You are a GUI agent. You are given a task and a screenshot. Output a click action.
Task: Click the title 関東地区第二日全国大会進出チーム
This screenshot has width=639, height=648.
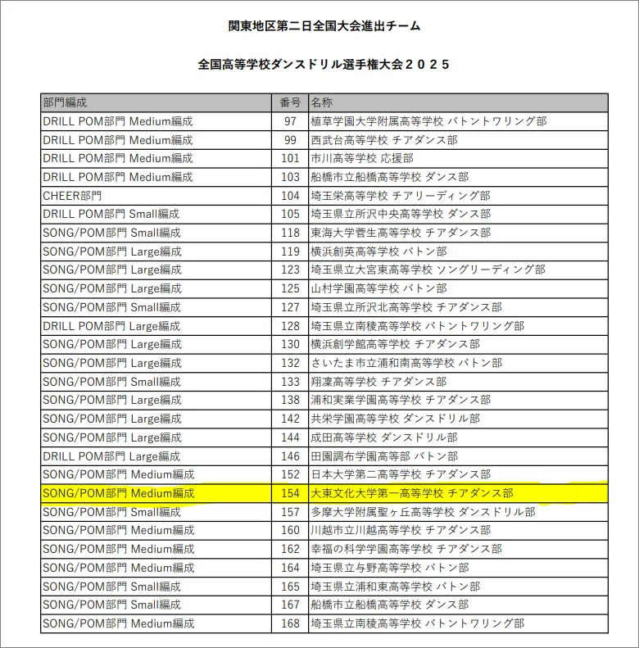click(x=324, y=26)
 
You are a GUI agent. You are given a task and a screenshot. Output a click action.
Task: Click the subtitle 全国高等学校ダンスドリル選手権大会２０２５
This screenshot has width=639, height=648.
click(x=324, y=64)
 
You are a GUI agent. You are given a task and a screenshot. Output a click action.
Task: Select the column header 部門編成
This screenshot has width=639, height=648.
click(x=65, y=102)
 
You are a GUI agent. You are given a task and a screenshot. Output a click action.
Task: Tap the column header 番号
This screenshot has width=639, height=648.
click(x=290, y=102)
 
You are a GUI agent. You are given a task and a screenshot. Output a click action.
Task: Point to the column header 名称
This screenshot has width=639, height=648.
click(x=322, y=102)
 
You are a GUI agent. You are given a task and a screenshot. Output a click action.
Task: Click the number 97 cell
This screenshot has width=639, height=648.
click(x=290, y=121)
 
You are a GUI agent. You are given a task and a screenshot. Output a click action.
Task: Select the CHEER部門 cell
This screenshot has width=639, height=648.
click(x=73, y=196)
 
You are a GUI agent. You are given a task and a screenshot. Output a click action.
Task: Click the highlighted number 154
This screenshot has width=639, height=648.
click(x=290, y=493)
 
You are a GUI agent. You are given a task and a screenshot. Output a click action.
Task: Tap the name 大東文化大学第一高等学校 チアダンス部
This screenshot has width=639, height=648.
click(x=412, y=493)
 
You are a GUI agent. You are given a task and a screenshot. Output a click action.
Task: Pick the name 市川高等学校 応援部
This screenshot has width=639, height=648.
click(x=362, y=158)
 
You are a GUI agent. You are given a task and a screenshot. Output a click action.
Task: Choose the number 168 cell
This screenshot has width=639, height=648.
click(x=290, y=623)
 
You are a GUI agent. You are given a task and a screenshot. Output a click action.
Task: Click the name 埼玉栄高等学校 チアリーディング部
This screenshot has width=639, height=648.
click(x=401, y=196)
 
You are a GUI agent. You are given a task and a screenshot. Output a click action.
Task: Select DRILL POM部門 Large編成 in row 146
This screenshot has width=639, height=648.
click(x=111, y=456)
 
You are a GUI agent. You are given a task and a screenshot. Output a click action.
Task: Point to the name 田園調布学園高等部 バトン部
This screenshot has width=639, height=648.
click(x=384, y=456)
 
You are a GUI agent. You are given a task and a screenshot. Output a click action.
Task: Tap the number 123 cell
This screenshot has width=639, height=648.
click(x=290, y=270)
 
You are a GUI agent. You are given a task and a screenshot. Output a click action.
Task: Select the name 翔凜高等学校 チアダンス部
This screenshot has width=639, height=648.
click(x=378, y=382)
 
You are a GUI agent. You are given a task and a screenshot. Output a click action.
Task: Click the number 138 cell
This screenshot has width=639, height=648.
click(x=290, y=400)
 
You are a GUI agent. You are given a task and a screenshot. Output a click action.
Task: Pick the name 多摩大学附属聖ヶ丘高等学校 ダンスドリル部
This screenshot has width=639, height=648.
click(x=423, y=512)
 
